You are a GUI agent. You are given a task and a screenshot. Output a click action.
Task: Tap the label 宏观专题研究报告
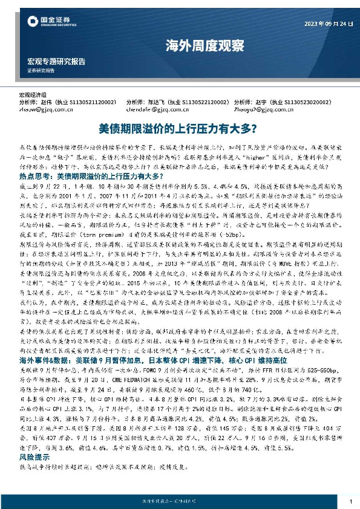[x=56, y=62]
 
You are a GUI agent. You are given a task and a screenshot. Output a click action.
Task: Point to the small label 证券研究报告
[x=41, y=71]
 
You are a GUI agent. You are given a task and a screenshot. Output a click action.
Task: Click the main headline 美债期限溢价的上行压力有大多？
[x=180, y=129]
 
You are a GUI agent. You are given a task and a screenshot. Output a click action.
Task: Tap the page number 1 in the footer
[x=350, y=500]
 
